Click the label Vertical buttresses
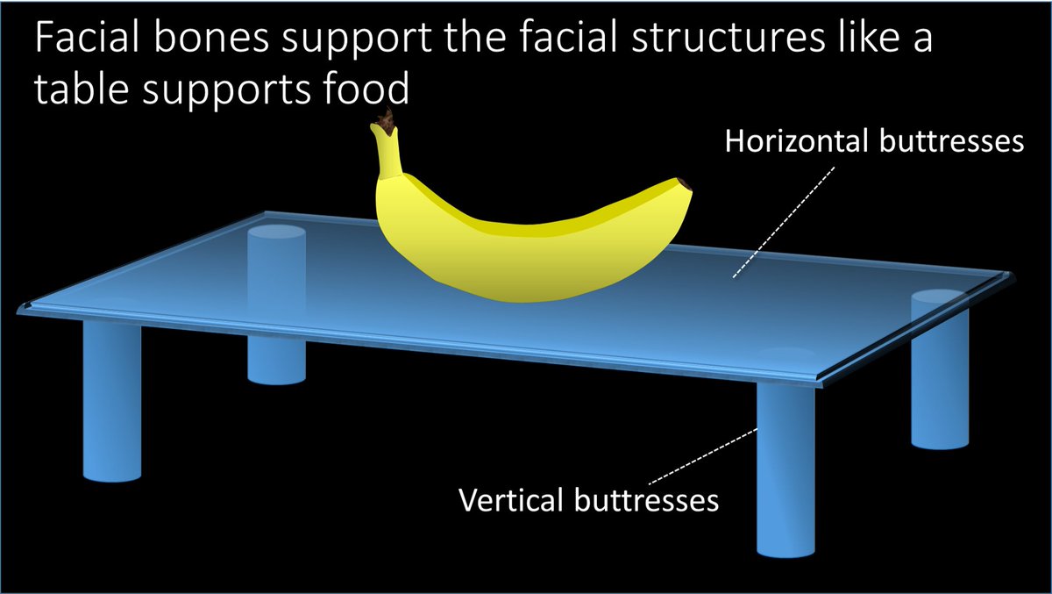pyautogui.click(x=589, y=500)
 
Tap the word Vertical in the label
pyautogui.click(x=511, y=500)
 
